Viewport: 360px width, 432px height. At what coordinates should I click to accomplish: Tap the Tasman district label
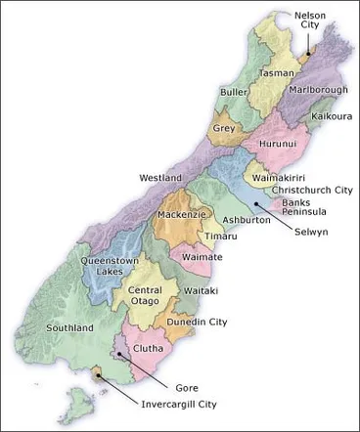277,73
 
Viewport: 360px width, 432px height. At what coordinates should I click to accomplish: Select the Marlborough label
318,90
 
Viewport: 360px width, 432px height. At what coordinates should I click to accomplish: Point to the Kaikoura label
332,115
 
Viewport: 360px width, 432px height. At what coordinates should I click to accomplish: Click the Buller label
234,92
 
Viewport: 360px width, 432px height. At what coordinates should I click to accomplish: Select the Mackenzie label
181,213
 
